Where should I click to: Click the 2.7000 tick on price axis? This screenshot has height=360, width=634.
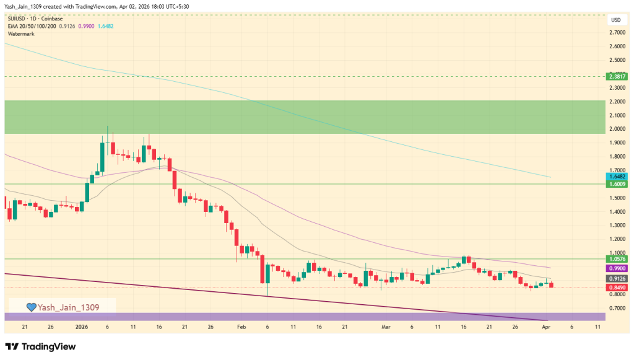pos(616,32)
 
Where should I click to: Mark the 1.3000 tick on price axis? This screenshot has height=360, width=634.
pos(616,226)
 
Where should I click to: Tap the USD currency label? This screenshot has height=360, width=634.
pos(615,20)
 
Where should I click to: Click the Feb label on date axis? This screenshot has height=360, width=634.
pos(241,326)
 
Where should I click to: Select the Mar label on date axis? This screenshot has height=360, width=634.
pos(386,326)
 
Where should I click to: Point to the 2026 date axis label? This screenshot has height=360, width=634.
pos(82,326)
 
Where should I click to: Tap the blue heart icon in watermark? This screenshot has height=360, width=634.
pos(31,307)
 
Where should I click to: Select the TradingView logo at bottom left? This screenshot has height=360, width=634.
pos(40,346)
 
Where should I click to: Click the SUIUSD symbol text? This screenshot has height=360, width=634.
pos(19,19)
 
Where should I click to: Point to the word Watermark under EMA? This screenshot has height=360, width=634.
pos(21,33)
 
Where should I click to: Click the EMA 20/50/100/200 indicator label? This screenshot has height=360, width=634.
pos(32,26)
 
